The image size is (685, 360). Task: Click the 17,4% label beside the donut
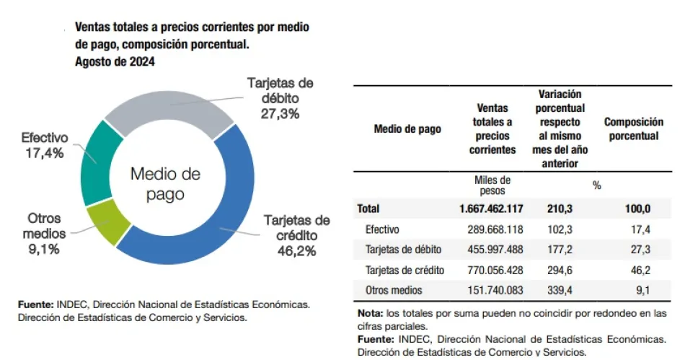click(x=44, y=153)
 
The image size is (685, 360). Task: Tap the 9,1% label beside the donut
click(x=43, y=250)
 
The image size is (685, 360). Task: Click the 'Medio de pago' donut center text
click(x=165, y=183)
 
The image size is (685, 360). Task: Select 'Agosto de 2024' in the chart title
click(x=115, y=62)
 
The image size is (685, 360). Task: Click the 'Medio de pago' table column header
click(x=407, y=129)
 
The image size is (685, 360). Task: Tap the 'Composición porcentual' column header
click(x=633, y=129)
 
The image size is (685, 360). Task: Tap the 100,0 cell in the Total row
click(x=637, y=209)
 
